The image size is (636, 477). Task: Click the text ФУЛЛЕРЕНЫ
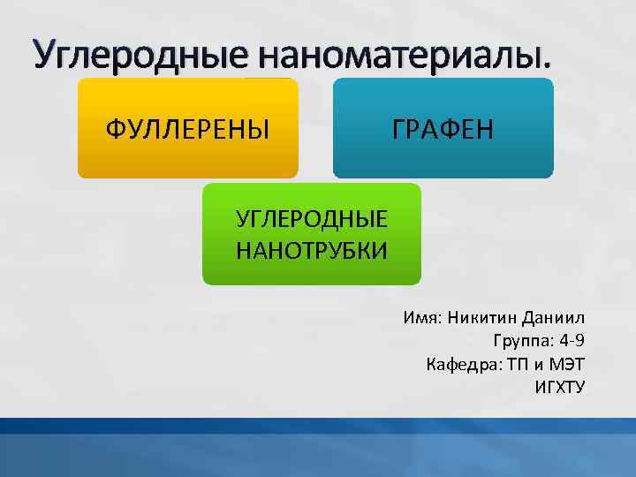(x=187, y=130)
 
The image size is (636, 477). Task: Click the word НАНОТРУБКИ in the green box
(x=312, y=249)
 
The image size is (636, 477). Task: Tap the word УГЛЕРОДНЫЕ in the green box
(x=312, y=219)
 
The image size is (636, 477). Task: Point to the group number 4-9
(x=572, y=341)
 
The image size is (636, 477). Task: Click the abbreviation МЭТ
(x=567, y=364)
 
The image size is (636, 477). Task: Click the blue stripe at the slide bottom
(x=318, y=426)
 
